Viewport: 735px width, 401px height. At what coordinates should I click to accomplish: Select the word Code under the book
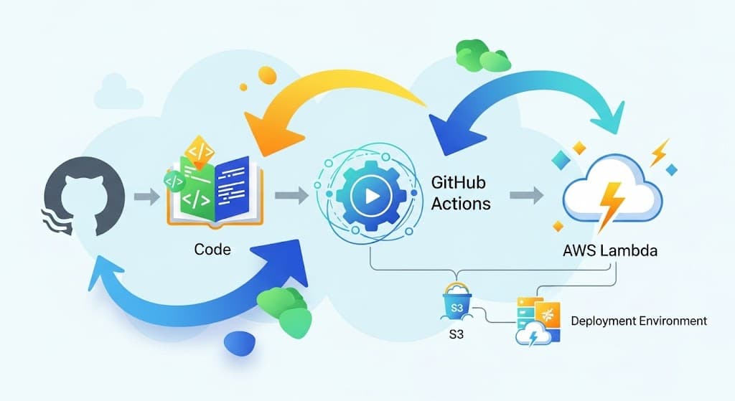pos(212,250)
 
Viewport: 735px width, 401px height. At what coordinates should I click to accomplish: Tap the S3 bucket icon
pos(457,301)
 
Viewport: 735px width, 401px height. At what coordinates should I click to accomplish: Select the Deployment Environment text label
pos(638,321)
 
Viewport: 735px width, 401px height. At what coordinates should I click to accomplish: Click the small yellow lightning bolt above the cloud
pos(659,152)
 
